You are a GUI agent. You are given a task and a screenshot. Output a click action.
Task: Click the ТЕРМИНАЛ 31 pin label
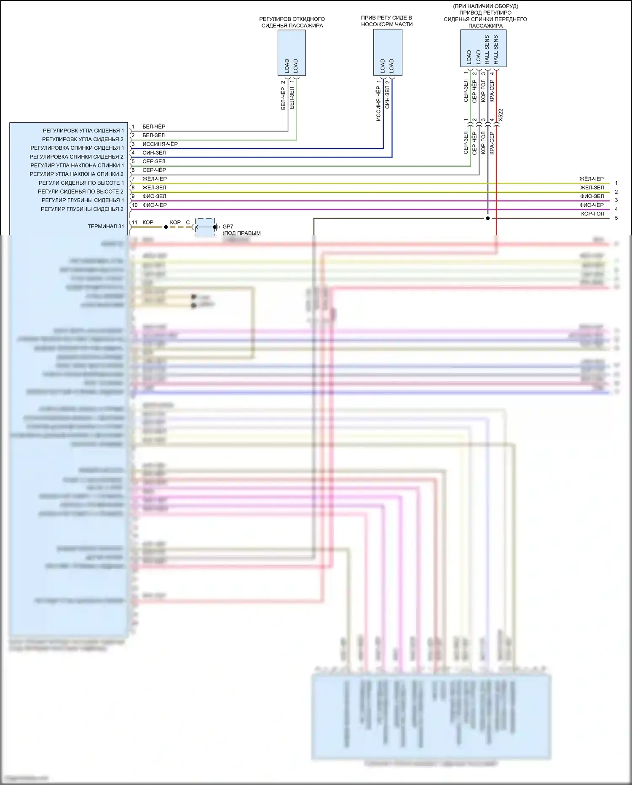coord(106,227)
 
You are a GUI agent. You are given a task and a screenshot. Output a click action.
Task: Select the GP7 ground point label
coord(228,227)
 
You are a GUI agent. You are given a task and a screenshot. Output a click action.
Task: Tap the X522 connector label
coord(501,115)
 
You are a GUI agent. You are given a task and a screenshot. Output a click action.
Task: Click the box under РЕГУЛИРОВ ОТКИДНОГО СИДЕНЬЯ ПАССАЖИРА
coord(292,53)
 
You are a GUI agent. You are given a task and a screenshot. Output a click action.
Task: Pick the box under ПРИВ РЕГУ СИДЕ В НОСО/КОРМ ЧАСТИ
coord(388,52)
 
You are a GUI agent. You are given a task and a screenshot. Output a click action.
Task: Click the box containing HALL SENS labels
coord(483,49)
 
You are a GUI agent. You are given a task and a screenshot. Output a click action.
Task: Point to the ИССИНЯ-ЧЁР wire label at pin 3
coord(160,144)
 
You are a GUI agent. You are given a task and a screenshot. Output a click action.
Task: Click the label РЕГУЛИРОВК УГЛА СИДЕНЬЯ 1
coord(83,131)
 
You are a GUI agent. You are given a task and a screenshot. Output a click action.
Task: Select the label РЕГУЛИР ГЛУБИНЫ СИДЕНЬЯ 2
coord(82,209)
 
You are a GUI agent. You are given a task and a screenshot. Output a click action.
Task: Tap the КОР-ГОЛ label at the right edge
coord(592,214)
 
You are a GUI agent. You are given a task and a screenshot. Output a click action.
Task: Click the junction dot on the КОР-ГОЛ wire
coord(487,219)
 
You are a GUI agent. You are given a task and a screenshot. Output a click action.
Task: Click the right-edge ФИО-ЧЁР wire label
coord(591,205)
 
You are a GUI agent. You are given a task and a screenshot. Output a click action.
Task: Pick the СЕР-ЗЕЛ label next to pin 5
coord(154,162)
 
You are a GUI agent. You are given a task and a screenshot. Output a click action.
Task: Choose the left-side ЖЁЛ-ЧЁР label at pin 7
coord(154,179)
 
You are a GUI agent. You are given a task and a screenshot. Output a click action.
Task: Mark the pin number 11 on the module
coord(134,222)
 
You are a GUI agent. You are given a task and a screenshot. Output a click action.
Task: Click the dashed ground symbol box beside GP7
coord(206,227)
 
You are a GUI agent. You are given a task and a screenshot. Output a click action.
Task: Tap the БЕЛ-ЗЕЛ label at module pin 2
coord(153,135)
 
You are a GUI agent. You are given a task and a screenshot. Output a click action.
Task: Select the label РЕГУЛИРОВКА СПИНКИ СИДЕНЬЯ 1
coord(77,148)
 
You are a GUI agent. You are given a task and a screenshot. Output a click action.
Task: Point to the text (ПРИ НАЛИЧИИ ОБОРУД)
coord(485,6)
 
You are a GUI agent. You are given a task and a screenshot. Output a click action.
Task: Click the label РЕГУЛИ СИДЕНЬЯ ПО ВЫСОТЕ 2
coord(81,192)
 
